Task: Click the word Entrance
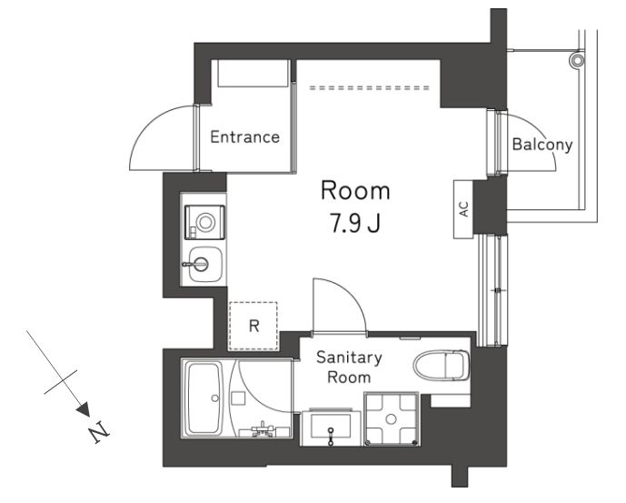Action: [x=244, y=137]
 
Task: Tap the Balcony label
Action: [x=542, y=145]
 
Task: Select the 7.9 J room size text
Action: [x=354, y=223]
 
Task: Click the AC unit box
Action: [x=463, y=209]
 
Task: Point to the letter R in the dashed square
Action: [x=253, y=326]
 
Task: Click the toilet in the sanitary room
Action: [x=441, y=365]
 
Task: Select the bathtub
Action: [x=204, y=398]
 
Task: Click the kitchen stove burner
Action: [x=205, y=222]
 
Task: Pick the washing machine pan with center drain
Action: [x=392, y=419]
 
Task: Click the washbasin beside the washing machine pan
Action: [x=330, y=426]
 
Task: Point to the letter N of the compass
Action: [x=99, y=432]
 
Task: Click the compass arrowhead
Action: [x=83, y=409]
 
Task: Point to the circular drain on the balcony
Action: [x=577, y=60]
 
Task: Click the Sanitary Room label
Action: [x=349, y=367]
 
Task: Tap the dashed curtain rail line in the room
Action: [x=369, y=87]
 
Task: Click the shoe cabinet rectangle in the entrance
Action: [x=253, y=73]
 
